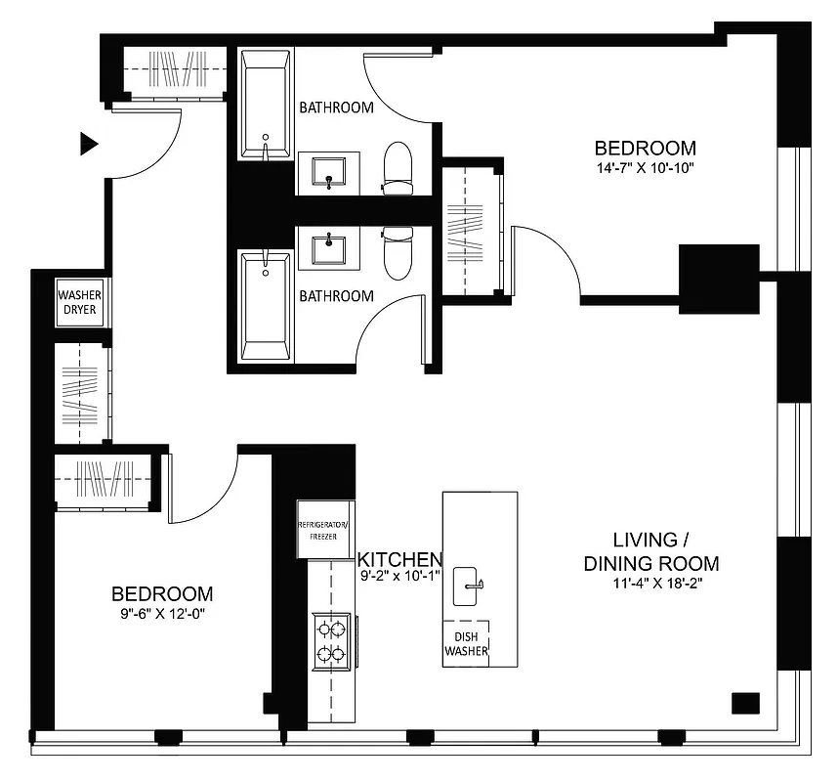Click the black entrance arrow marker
[x=89, y=145]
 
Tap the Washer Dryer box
[x=79, y=303]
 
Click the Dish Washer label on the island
[x=466, y=643]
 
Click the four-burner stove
[x=331, y=640]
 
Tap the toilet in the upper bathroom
[x=398, y=167]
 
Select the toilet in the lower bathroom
[x=398, y=251]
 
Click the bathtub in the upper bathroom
[x=265, y=107]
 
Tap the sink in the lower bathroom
[x=329, y=247]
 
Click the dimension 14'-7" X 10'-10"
[x=646, y=168]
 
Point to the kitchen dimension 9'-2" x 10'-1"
[x=398, y=576]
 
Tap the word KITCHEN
[x=399, y=559]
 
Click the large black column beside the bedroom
[x=719, y=277]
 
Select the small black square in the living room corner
[x=745, y=703]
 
